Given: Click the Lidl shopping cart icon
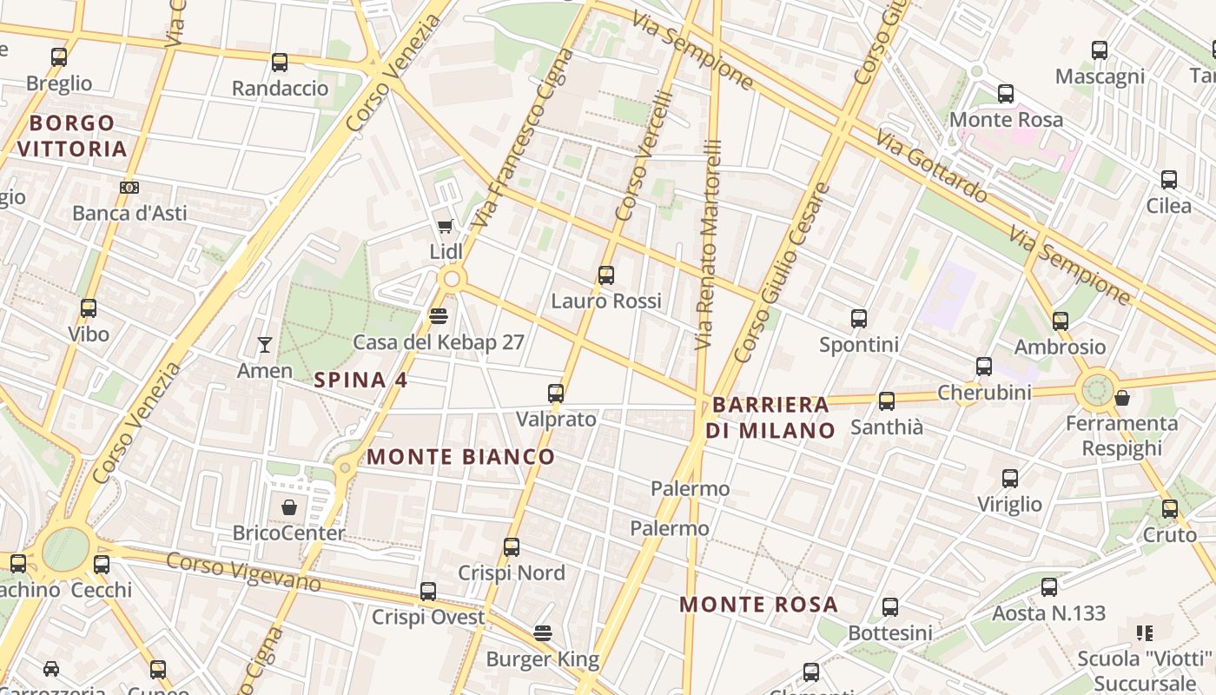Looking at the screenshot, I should pos(445,227).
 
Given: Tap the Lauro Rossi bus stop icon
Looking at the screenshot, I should pos(606,275).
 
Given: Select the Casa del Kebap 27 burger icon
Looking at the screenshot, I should pos(439,316).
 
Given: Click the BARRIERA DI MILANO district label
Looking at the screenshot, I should pos(770,417).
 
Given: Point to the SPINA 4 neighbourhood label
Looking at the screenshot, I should pos(360,380).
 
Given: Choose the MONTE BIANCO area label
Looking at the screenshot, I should pos(460,456).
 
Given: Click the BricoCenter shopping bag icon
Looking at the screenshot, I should pos(289,506).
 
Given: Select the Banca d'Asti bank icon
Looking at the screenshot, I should pos(129,188).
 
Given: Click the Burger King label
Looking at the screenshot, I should pos(543,659).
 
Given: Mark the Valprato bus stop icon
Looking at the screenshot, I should pos(556,394).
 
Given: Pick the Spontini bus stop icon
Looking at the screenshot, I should pos(859,319).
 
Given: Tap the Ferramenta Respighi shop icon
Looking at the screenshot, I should pos(1122,398).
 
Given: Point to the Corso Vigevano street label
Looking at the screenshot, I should pos(243,573).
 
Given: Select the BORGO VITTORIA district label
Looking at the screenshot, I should pos(72,136).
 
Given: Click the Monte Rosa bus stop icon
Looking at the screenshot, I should pos(1006,94).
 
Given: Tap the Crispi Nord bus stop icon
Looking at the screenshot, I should pos(512,547).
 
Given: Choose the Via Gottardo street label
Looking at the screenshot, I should pos(931,167).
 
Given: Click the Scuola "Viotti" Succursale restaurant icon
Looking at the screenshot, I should pos(1144,633).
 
